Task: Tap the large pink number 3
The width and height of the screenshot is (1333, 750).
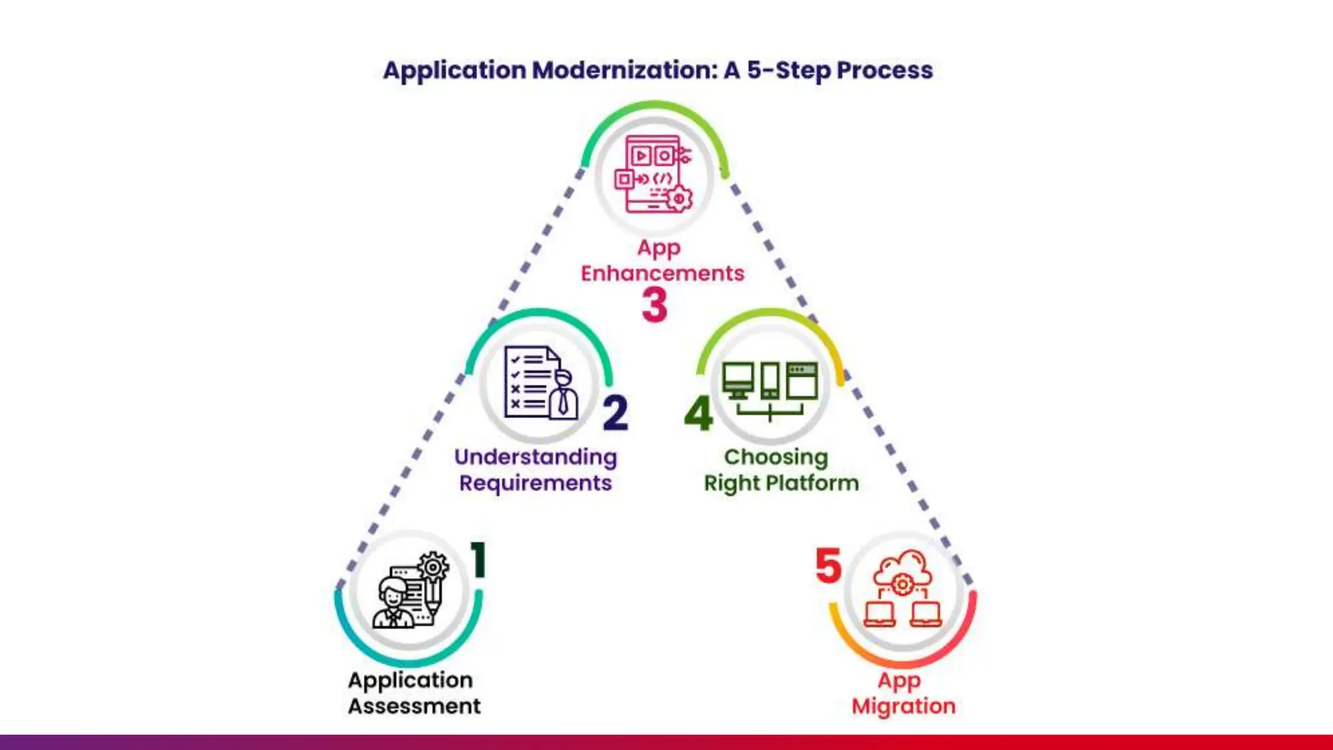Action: (655, 305)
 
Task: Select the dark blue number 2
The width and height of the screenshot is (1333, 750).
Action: (615, 413)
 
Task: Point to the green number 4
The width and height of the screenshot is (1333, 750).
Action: (698, 413)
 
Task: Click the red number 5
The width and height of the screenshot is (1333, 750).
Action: (828, 565)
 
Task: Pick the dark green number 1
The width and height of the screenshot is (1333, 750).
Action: (478, 559)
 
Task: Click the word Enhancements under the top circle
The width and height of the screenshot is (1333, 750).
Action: (662, 273)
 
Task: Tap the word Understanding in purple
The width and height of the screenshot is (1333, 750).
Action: (535, 458)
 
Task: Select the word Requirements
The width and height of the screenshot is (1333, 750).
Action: (535, 484)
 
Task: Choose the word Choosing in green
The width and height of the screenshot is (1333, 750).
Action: (776, 457)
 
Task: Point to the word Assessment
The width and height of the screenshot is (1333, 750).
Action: (414, 706)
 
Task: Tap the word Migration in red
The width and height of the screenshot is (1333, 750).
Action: (903, 706)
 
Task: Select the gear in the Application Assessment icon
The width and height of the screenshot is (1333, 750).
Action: (433, 566)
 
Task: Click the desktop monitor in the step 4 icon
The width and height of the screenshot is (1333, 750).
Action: (737, 379)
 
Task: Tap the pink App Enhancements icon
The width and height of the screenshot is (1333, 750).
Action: (653, 174)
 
